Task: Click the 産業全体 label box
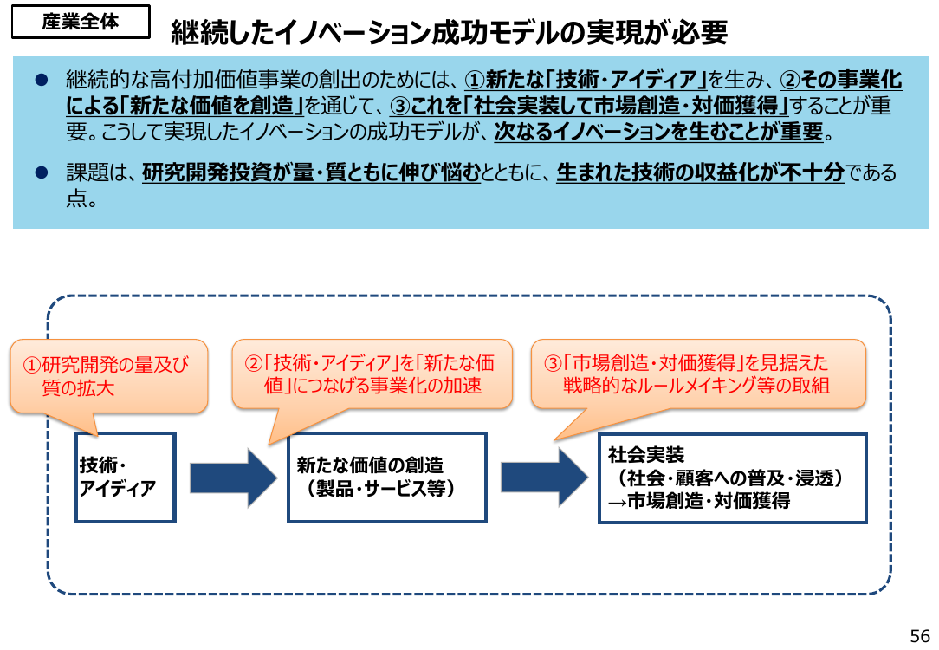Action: coord(81,22)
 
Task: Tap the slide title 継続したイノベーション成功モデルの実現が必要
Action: coord(449,32)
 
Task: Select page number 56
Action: coord(920,635)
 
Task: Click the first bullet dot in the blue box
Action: coord(42,80)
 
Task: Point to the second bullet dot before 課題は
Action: coord(42,173)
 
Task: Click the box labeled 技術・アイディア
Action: coord(125,478)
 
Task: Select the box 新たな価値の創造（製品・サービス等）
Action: coord(387,478)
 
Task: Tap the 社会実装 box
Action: coord(732,478)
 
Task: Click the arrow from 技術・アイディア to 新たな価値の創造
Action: coord(234,478)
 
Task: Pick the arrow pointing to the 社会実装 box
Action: coord(544,478)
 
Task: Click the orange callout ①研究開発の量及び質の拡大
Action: coord(108,377)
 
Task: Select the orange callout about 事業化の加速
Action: coord(372,374)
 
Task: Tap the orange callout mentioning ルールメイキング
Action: coord(698,374)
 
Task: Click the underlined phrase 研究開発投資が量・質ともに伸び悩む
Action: coord(311,172)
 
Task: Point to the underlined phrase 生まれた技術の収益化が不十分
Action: coord(700,172)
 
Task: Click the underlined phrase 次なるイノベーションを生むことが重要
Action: coord(659,131)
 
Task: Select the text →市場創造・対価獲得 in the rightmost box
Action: coord(699,500)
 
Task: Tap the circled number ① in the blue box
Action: coord(475,80)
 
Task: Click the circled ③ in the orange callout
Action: coord(553,364)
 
